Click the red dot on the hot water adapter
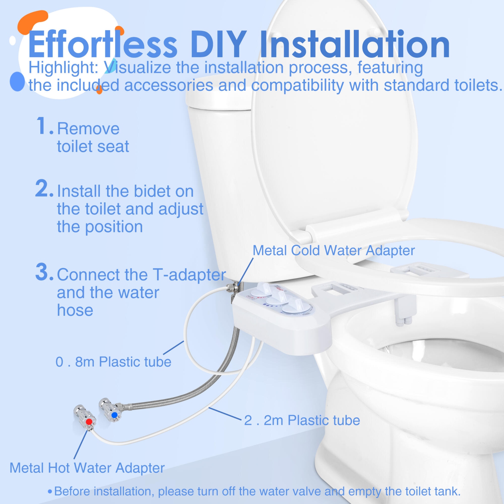click(x=89, y=421)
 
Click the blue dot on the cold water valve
click(x=114, y=415)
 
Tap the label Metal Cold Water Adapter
click(x=333, y=251)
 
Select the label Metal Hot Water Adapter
click(x=87, y=468)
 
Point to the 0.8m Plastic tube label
click(x=113, y=362)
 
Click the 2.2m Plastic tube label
click(x=302, y=420)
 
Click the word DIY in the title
click(x=218, y=45)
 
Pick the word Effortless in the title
click(x=102, y=45)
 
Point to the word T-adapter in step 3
click(x=189, y=275)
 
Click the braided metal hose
click(x=188, y=396)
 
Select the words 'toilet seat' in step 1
click(x=93, y=146)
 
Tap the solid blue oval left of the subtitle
click(x=17, y=81)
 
